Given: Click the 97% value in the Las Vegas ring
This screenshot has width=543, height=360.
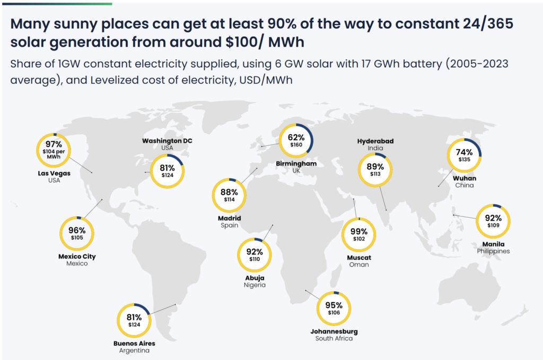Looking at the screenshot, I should coord(54,144).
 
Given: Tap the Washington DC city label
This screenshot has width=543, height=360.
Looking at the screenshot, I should coord(167,141).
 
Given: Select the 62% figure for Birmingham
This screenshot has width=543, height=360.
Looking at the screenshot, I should coord(296,137).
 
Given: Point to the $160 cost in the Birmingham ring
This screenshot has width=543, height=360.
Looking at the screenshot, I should coord(296,145).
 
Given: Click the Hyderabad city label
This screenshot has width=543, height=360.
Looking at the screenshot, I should coord(375,141).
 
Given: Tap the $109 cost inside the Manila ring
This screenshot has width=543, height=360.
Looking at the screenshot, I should coord(493,225).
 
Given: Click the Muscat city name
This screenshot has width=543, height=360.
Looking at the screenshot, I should coord(359,258).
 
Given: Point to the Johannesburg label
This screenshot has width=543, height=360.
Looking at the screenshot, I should coord(334,331).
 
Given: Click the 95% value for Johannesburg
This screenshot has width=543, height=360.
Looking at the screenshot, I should coord(334,305).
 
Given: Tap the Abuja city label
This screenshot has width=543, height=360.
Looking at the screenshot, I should coord(255,278).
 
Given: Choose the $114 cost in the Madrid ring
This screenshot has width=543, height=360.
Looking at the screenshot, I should coord(230,200).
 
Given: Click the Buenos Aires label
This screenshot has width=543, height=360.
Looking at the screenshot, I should coord(134,343).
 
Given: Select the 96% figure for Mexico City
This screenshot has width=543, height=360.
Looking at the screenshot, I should coord(77,230).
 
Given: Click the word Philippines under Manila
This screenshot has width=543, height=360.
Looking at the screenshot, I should coord(493,251).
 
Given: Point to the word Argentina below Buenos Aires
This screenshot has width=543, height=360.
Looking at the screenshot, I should coord(134,350).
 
